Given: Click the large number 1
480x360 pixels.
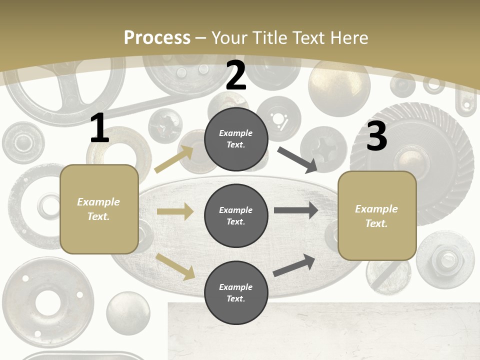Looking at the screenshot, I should coord(99,128).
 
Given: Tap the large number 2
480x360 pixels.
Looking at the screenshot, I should coord(236,75).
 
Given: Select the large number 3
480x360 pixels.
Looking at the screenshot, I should coord(376,136).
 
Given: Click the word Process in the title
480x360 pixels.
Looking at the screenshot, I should coord(157,37).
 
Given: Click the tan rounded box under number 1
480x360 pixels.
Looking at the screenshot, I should coord(99,209).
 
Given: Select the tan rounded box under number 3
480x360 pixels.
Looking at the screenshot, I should coord(377,215).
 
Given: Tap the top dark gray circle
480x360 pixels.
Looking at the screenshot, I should coord(236,139).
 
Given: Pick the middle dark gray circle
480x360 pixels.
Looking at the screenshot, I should coord(236,215).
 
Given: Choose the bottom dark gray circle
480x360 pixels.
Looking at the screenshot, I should coord(236,292).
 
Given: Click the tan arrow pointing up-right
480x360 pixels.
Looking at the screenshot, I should coord(174,159).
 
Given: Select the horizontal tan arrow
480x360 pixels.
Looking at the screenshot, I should coord(175,211).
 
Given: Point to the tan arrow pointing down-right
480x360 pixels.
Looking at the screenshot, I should coord(175,266).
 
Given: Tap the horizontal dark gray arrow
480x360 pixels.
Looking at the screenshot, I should coord(296,210).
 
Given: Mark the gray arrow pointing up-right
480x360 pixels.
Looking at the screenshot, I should coord(294,265).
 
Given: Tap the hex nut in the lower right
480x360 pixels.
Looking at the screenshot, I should coord(444,258).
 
